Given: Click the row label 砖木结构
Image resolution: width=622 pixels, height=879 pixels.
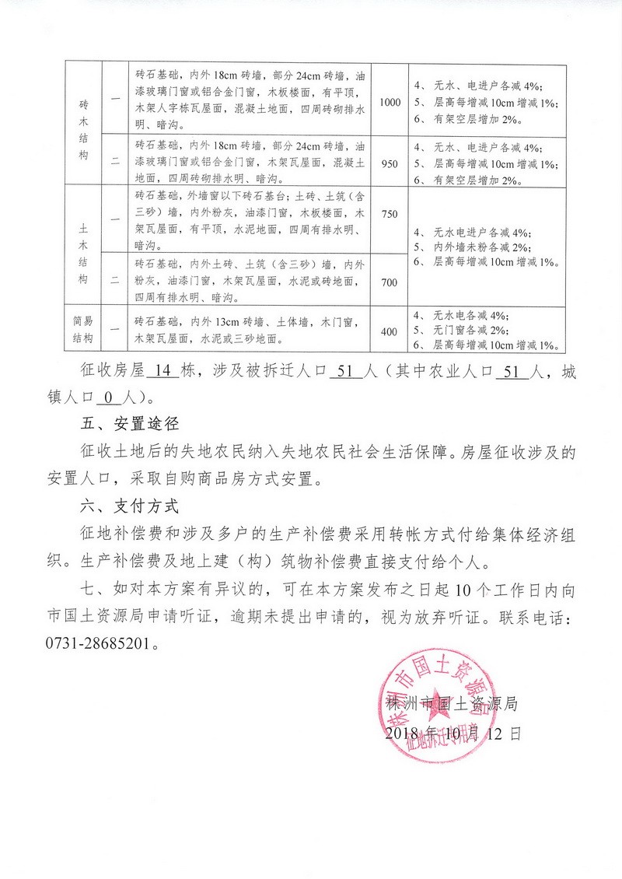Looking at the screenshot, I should pos(84,130).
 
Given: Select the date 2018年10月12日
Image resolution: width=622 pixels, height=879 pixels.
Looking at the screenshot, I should pos(452,733).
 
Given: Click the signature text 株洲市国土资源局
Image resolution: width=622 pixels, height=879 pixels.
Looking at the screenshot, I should pos(452,705).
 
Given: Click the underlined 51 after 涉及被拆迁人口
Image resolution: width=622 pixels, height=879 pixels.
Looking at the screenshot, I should pos(347,371).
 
